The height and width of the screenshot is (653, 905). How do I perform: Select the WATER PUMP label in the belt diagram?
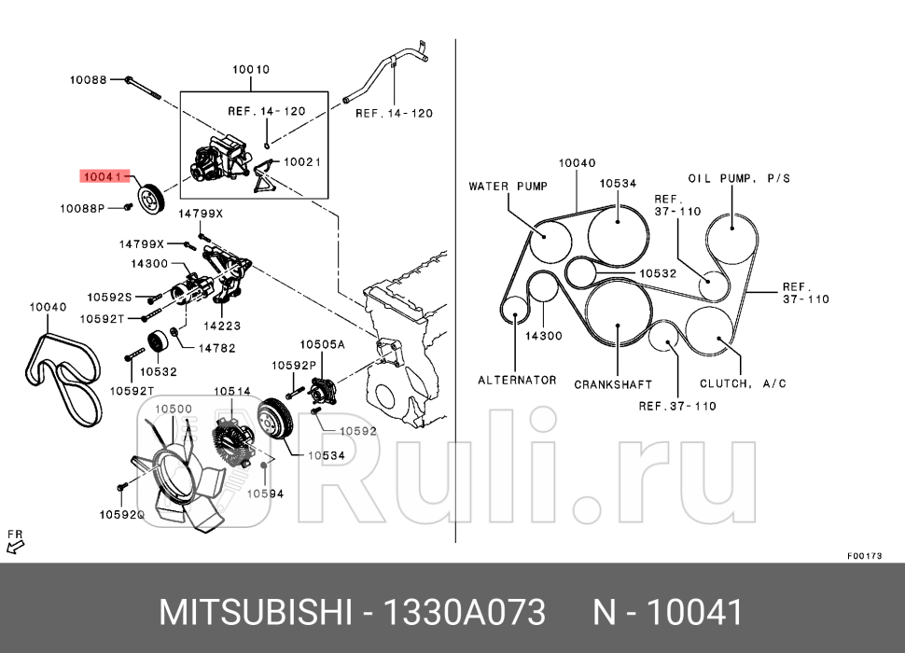click(x=508, y=187)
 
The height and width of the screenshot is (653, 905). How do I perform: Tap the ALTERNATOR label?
click(x=517, y=380)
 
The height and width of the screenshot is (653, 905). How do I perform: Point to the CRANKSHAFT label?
click(x=613, y=384)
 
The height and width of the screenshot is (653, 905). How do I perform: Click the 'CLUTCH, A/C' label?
click(x=744, y=383)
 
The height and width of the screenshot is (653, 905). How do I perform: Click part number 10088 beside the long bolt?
click(x=89, y=80)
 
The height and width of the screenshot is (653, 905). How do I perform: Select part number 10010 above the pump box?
click(x=250, y=69)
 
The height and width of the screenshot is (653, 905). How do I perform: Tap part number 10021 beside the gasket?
click(x=302, y=161)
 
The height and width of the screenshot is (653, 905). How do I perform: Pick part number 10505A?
click(x=322, y=344)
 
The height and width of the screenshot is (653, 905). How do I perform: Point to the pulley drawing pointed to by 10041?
click(x=149, y=198)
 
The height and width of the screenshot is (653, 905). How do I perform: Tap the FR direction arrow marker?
click(x=15, y=540)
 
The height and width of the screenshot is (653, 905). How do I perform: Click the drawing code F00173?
click(x=864, y=555)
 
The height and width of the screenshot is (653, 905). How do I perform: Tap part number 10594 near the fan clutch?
click(x=265, y=493)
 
